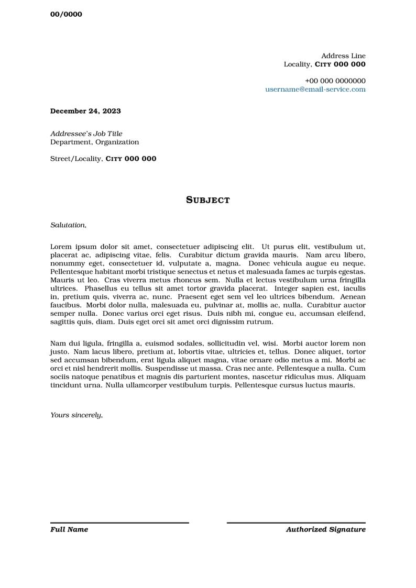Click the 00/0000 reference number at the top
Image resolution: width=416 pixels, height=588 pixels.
click(x=66, y=15)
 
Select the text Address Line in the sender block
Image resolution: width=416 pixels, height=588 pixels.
click(x=343, y=56)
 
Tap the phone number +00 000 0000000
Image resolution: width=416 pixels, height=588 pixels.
click(x=335, y=81)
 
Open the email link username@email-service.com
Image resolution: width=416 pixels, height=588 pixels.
click(x=315, y=90)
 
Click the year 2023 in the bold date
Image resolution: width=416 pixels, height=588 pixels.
click(x=112, y=111)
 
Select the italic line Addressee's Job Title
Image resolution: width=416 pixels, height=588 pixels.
click(x=86, y=134)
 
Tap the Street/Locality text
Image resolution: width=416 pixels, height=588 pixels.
click(x=75, y=159)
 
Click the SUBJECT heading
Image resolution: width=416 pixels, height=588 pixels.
click(x=208, y=200)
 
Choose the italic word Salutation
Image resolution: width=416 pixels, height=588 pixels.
click(x=68, y=225)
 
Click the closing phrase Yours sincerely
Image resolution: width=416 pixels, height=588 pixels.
click(x=76, y=415)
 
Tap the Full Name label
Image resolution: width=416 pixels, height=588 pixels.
click(x=69, y=530)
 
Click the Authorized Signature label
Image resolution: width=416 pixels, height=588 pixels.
click(x=325, y=530)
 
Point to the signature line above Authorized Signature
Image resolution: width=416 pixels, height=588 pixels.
click(x=296, y=523)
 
